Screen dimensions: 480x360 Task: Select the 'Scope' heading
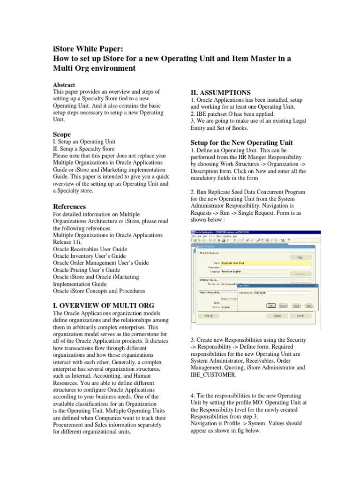62,134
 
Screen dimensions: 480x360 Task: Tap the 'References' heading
69,207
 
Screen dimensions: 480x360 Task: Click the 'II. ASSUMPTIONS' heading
220,92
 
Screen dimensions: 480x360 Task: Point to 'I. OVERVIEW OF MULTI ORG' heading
104,305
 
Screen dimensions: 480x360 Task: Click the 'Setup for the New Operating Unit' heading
242,142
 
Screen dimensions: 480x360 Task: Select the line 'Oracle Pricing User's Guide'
87,270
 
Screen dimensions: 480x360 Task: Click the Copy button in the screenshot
297,257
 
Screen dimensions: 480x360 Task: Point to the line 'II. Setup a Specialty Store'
84,148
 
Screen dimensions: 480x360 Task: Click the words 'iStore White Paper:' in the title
89,49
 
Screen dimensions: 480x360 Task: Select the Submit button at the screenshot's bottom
277,316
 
